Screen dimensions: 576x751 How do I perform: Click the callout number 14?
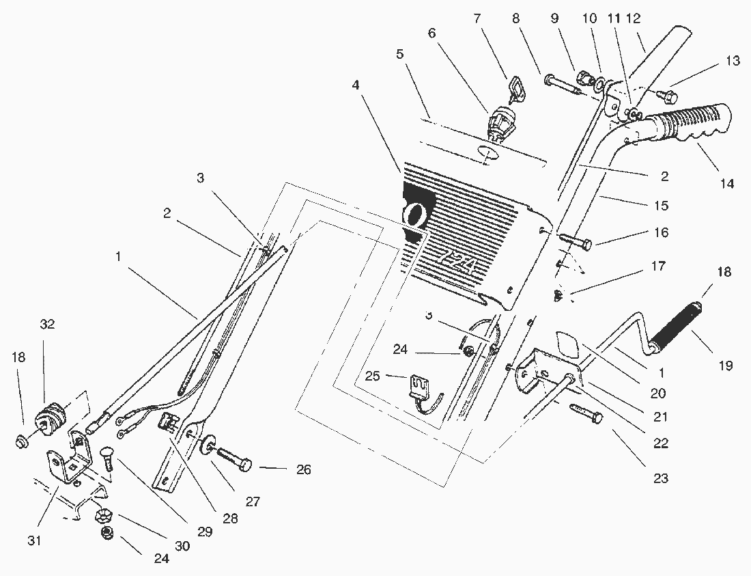(727, 183)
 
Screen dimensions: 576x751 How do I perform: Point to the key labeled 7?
(514, 88)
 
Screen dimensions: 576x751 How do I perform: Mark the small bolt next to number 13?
(666, 94)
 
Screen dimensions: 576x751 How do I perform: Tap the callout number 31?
(35, 540)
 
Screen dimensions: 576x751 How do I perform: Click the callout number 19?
(725, 366)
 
